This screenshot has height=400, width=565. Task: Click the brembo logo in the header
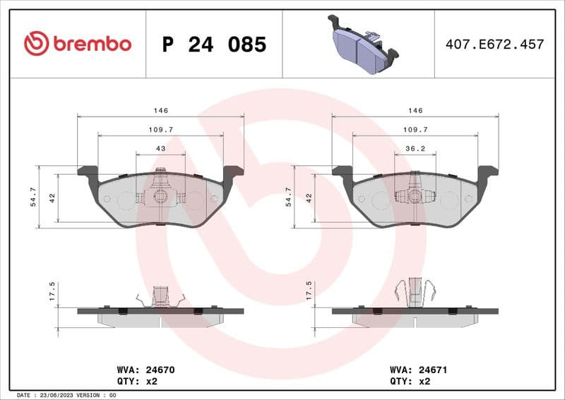(78, 44)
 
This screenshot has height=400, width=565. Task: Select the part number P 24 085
(214, 45)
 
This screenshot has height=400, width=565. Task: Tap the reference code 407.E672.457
(494, 45)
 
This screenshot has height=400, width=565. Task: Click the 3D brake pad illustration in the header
(362, 45)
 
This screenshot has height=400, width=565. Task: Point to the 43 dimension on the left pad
(160, 148)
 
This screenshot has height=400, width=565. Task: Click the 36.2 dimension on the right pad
(415, 148)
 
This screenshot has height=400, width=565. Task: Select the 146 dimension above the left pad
(160, 111)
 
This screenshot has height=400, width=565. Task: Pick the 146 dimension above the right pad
(415, 111)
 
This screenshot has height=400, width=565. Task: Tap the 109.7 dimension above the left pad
(160, 129)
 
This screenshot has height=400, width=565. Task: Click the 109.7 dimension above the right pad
(415, 129)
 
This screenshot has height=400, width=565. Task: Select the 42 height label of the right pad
(309, 198)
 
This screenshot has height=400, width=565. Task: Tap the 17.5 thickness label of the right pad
(309, 290)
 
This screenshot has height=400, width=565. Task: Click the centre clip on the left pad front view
(160, 194)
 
